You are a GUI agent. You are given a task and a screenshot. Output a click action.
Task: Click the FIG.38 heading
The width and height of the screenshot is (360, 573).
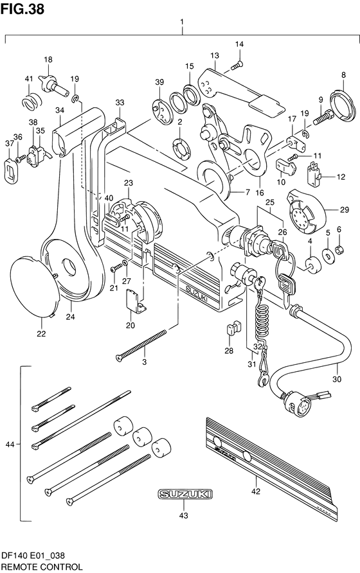coord(22,9)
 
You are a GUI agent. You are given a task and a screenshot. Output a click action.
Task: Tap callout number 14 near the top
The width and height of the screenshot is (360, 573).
coord(239,44)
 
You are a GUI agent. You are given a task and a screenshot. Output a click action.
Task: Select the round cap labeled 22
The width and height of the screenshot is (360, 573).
coord(35,286)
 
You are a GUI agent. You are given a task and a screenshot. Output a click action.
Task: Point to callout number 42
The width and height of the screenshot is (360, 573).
coord(256,491)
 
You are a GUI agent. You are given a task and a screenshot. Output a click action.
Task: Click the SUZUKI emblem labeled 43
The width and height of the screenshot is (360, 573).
coord(184,495)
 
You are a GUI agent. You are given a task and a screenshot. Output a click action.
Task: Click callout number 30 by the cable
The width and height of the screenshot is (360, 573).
coord(337,379)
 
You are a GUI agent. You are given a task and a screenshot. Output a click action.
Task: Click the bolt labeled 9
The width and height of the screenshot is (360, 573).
coord(323,118)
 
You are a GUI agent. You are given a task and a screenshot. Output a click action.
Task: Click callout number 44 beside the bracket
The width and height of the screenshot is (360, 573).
coord(10,445)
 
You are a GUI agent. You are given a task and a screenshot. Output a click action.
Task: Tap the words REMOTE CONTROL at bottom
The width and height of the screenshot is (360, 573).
coord(42,567)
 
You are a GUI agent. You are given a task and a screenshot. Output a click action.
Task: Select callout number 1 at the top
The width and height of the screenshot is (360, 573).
coord(182,22)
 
